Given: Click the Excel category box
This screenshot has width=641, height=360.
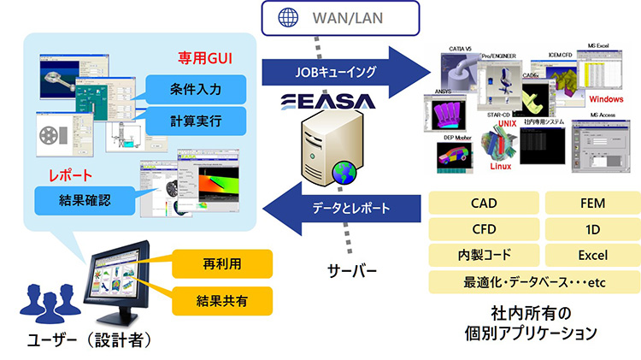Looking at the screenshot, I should coord(591,255).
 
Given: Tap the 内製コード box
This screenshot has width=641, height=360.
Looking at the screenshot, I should coord(483,255).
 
